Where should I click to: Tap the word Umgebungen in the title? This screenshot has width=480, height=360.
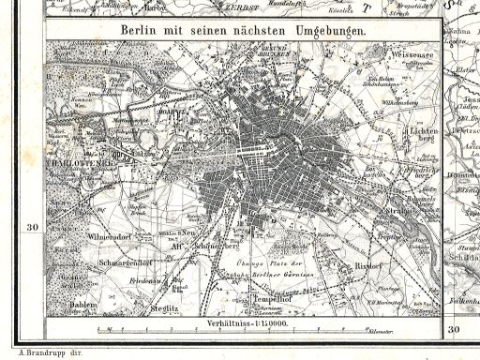(x=325, y=30)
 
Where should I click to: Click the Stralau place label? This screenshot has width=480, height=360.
(x=393, y=212)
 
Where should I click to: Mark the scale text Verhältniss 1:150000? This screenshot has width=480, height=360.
(x=244, y=322)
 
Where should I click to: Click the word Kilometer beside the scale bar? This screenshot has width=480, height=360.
(x=406, y=335)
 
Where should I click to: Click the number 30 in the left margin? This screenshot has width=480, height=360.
(x=32, y=228)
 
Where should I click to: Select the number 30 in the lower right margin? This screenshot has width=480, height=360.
(x=455, y=329)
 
